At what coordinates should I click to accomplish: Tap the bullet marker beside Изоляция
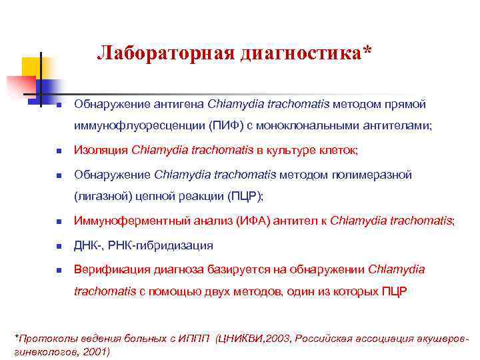click(x=59, y=151)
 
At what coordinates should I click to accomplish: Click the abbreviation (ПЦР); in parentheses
click(x=245, y=196)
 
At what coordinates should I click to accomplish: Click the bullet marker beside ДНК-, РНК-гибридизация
click(x=59, y=246)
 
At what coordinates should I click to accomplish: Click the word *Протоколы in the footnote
click(x=41, y=338)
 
